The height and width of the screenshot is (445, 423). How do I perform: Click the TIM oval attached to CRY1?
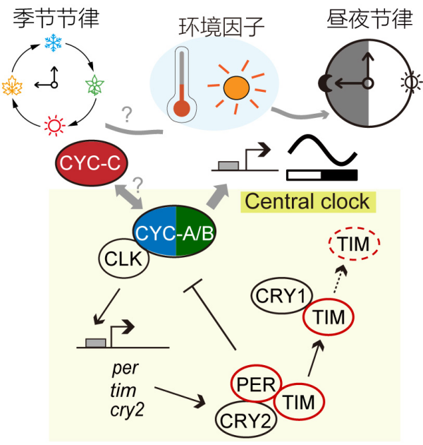click(328, 317)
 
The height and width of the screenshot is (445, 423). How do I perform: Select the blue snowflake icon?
click(52, 43)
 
